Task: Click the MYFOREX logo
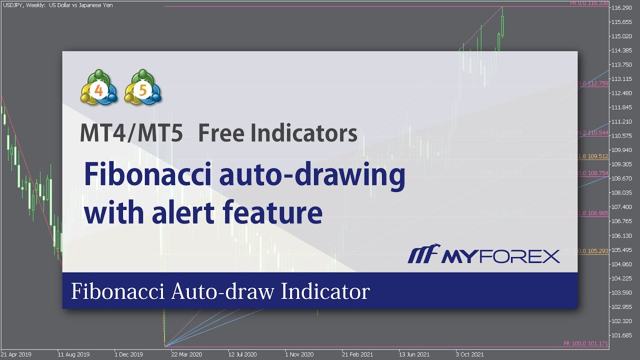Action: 483,256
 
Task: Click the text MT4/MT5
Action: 131,133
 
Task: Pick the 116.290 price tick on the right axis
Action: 621,8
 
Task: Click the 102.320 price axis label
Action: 621,321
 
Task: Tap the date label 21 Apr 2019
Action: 16,354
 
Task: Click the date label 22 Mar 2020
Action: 185,354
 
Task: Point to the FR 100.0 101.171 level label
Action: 585,343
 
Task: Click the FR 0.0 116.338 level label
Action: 589,3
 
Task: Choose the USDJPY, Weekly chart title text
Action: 57,5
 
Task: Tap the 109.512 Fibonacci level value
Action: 597,156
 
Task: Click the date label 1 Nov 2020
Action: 299,354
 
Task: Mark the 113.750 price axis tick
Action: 621,64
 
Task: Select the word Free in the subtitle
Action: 220,133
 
